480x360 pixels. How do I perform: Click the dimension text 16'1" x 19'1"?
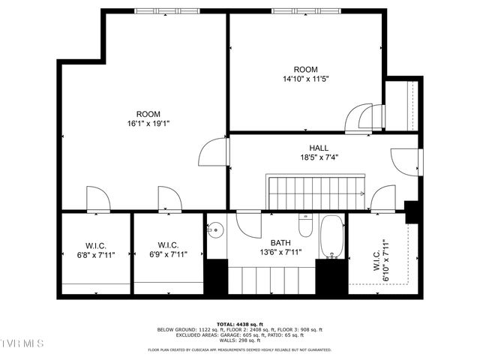click(148, 124)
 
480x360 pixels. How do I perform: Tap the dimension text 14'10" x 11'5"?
click(306, 78)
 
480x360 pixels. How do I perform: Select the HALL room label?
click(318, 148)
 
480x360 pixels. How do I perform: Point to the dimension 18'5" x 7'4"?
click(318, 157)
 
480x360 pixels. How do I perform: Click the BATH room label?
click(280, 243)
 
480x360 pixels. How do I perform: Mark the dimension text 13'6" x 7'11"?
click(280, 253)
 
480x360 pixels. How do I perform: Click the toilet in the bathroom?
click(305, 226)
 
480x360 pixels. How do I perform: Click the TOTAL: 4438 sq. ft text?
click(239, 323)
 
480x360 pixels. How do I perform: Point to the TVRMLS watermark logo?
click(22, 343)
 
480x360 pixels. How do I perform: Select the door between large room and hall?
click(212, 153)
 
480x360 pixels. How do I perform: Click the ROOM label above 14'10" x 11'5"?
click(306, 68)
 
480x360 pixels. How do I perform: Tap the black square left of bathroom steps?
click(216, 276)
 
